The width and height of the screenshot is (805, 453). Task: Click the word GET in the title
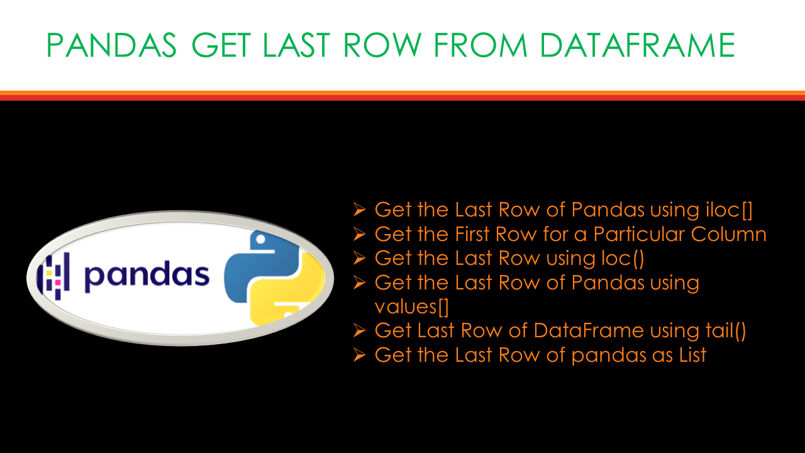[x=223, y=46]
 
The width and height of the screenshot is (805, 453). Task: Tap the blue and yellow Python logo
[x=275, y=277]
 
